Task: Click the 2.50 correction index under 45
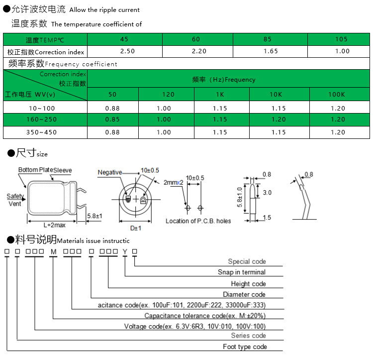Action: pos(127,51)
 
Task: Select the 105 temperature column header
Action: pos(341,39)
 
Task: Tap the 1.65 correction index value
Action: pos(271,51)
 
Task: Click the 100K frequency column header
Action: pos(336,95)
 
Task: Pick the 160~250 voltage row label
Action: pos(41,120)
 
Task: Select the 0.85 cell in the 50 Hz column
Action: pos(112,120)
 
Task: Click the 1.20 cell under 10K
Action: pos(279,120)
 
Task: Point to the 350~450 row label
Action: pos(41,132)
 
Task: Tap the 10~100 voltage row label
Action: pos(42,109)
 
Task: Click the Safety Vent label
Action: pos(15,200)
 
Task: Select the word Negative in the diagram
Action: pos(110,172)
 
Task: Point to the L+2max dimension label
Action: pos(55,225)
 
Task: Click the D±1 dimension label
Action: pos(136,228)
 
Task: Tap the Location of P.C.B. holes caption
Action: pos(198,221)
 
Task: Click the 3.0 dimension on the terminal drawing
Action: pos(267,192)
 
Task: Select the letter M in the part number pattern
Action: pos(54,251)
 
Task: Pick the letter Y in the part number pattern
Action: pos(125,251)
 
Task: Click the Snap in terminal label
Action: pos(241,272)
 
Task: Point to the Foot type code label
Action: pos(245,347)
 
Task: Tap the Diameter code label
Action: pos(244,294)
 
